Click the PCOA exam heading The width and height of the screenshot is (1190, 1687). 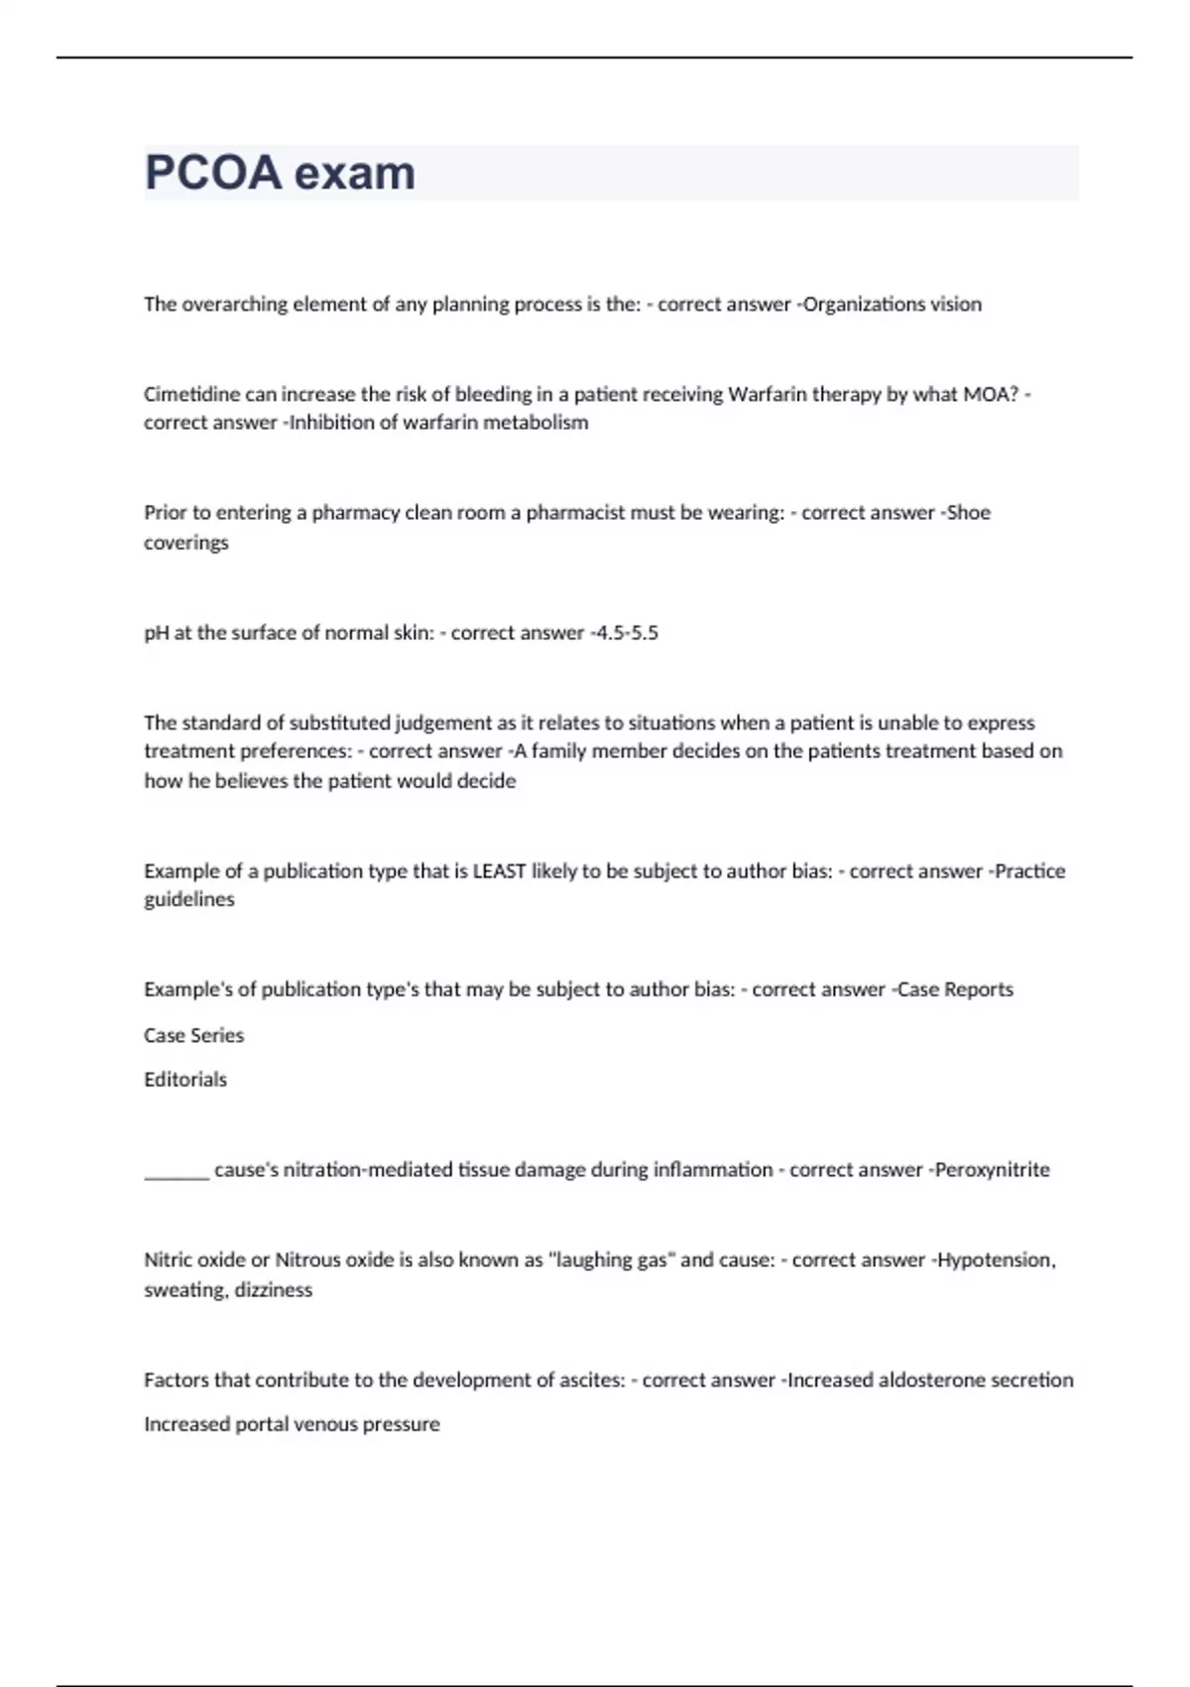point(280,173)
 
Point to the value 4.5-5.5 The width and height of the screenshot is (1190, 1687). point(625,633)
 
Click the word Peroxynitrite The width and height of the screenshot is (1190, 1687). point(992,1170)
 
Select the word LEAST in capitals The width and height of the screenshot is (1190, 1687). point(499,871)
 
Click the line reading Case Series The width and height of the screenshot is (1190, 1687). point(193,1035)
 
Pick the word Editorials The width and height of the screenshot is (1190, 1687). point(185,1080)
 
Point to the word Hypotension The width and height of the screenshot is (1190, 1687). point(995,1260)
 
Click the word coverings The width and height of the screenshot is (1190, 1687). point(186,543)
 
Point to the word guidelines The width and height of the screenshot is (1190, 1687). point(189,900)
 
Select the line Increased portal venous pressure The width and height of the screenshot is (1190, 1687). point(292,1424)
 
